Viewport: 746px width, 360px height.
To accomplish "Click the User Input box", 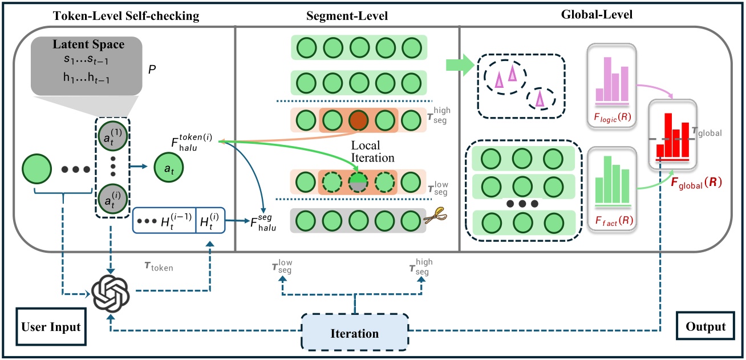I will coord(50,327).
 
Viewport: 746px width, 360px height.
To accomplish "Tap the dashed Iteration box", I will coord(354,333).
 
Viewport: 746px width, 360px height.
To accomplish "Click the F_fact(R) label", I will coord(615,219).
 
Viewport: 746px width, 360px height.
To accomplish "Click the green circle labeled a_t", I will coord(168,168).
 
